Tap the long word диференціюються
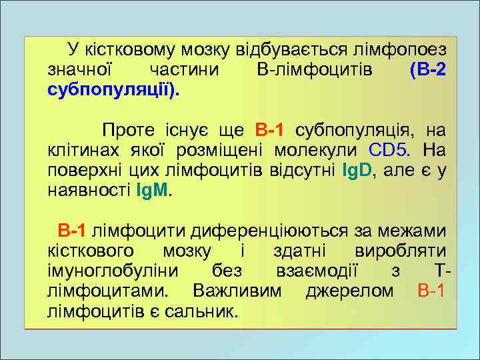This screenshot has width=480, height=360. (270, 231)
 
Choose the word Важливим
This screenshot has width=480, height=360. (237, 292)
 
